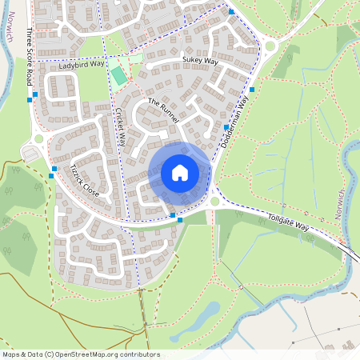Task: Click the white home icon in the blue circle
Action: click(x=180, y=172)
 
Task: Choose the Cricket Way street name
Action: click(x=121, y=126)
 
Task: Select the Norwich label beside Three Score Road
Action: click(x=7, y=21)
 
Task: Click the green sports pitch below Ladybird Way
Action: click(x=118, y=76)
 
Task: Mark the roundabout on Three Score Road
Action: click(x=38, y=139)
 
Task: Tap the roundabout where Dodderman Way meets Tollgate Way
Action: click(x=214, y=202)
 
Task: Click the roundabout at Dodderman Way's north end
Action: click(x=270, y=46)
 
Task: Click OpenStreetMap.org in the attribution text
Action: click(x=89, y=354)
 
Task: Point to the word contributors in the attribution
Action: click(x=140, y=354)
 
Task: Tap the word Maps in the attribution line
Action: click(x=12, y=354)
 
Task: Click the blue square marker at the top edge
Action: click(x=231, y=12)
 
